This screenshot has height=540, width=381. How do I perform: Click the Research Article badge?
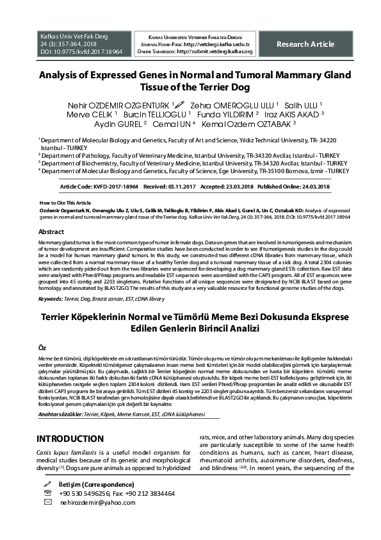point(305,44)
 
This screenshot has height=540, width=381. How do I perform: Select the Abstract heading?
point(51,232)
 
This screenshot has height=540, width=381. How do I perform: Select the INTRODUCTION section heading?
point(70,439)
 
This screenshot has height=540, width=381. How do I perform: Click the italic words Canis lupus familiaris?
point(67,453)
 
